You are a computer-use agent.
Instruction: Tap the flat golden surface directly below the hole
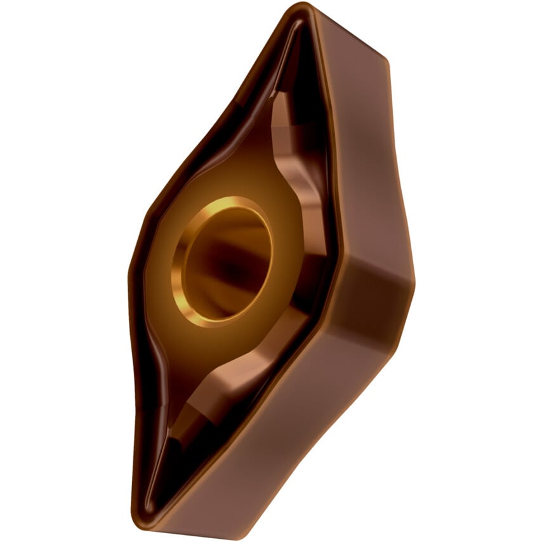[x=209, y=355]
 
